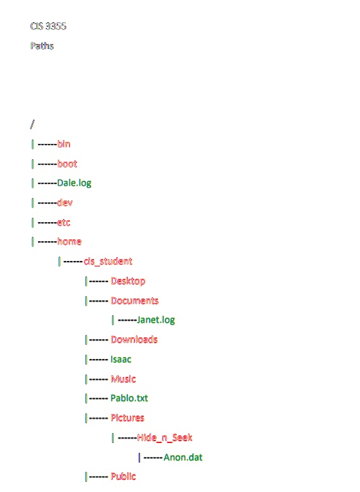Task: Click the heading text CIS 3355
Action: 48,26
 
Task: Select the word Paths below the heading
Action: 42,46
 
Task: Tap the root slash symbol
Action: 32,125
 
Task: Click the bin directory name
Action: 64,144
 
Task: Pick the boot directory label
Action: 67,164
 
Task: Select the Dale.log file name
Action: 74,183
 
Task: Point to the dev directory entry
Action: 65,202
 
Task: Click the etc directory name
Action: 64,223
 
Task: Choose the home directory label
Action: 69,242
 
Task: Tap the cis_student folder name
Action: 108,262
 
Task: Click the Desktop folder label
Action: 128,281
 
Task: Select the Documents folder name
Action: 135,300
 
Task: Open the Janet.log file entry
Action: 156,320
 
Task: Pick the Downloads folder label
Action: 134,339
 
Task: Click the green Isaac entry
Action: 121,359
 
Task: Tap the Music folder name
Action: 123,379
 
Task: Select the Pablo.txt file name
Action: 129,398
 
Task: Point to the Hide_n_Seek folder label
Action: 165,438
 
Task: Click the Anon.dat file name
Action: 183,457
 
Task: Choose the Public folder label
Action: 123,477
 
